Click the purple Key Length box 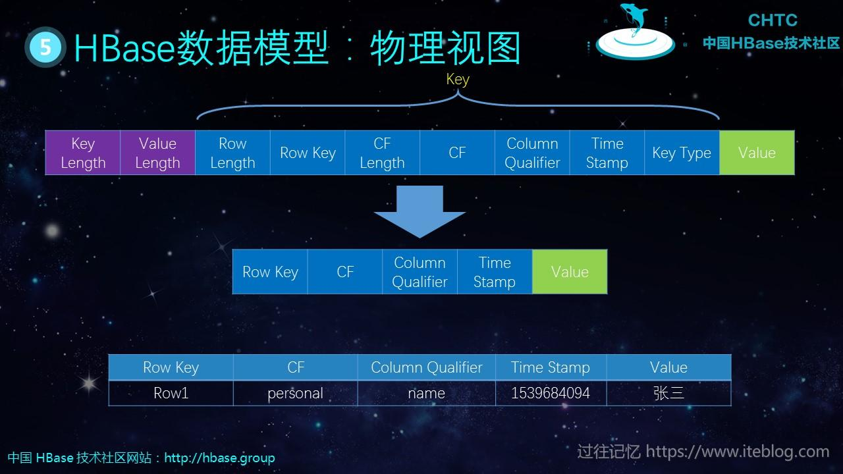83,153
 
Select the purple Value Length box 157,153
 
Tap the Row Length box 232,153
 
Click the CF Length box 382,153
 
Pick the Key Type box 682,153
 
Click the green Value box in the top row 757,153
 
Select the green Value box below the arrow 570,272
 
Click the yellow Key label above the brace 458,80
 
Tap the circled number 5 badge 45,47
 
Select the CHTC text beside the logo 772,20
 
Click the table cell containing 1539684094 551,393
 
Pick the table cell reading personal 295,393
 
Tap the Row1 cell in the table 171,393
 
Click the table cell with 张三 668,393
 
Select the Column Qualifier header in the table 426,367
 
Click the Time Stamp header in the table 551,367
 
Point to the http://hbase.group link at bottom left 219,458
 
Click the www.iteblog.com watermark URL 737,452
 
